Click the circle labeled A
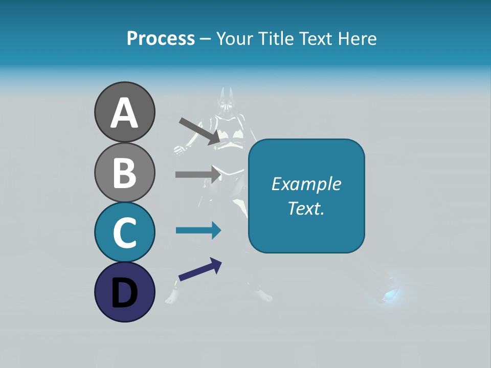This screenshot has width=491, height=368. [x=124, y=112]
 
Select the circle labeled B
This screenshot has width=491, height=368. [x=124, y=172]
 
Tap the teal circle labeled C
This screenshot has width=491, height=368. [x=124, y=232]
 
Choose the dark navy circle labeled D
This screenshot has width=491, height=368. [x=124, y=292]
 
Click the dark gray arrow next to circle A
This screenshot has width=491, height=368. [x=200, y=131]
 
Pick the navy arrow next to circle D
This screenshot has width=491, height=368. [x=200, y=269]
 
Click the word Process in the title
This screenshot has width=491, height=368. [x=161, y=38]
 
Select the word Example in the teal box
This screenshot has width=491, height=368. [x=306, y=184]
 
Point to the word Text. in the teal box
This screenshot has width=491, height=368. [x=306, y=208]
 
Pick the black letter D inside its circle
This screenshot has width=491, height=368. [x=124, y=293]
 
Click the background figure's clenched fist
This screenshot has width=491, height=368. [x=179, y=150]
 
